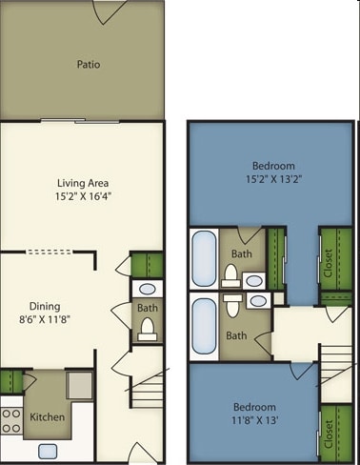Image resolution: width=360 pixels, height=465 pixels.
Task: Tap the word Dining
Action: pos(44,306)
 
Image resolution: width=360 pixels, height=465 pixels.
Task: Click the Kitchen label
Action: pos(46,417)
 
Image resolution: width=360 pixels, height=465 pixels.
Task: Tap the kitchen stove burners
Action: pos(12,420)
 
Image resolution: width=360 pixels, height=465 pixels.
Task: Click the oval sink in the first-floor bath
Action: pos(147,290)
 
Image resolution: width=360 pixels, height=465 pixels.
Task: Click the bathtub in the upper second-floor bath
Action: pos(203,258)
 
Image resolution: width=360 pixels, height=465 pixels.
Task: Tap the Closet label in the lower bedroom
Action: pos(330,434)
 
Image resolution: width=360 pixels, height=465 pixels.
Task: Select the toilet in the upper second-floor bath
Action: pos(230,275)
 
